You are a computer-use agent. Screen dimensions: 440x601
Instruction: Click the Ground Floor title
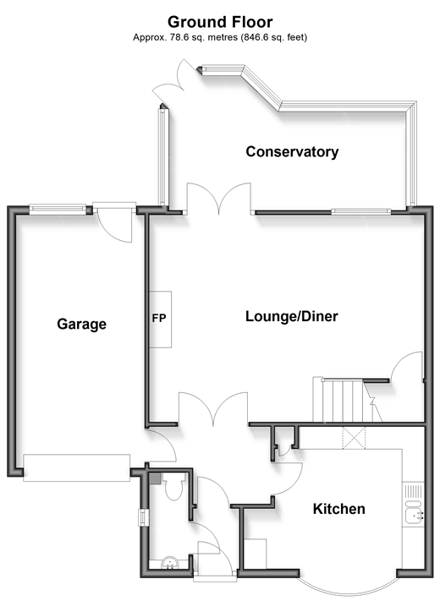(x=220, y=22)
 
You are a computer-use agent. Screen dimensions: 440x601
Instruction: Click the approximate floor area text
(x=220, y=37)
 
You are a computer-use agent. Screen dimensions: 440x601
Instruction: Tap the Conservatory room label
(x=292, y=152)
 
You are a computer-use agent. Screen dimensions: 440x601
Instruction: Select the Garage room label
(x=82, y=324)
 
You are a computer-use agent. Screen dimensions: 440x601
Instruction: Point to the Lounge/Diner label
(x=292, y=316)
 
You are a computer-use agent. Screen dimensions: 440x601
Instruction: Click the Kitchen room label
(x=338, y=509)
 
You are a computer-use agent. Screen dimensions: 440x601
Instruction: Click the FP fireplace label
(x=159, y=318)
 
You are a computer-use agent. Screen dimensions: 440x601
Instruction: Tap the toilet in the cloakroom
(x=173, y=486)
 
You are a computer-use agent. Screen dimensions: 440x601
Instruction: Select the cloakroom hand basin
(x=169, y=563)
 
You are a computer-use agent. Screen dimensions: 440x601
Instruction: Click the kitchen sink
(x=414, y=511)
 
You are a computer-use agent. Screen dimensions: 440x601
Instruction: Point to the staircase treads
(x=343, y=401)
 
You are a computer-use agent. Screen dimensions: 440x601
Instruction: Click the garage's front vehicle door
(x=77, y=467)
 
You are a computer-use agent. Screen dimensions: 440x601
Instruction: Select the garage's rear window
(x=58, y=209)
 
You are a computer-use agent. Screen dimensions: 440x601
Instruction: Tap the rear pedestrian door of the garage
(x=114, y=222)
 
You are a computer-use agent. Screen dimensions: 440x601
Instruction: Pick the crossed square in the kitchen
(x=354, y=437)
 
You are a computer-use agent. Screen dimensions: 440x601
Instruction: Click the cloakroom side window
(x=144, y=517)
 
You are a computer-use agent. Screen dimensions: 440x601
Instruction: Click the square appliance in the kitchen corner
(x=255, y=554)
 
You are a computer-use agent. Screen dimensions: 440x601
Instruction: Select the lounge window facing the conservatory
(x=361, y=211)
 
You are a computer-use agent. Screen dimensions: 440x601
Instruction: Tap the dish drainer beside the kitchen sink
(x=413, y=491)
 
